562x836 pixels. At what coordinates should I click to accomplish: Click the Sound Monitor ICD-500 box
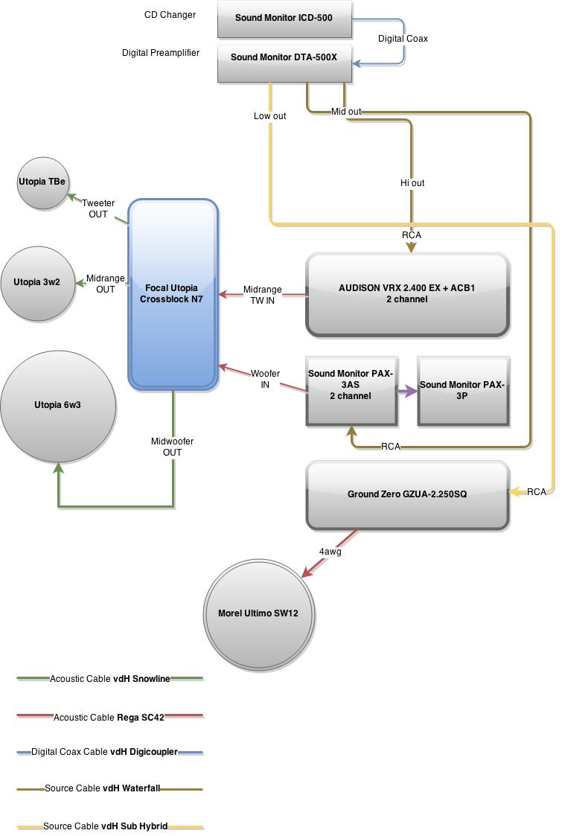pyautogui.click(x=284, y=19)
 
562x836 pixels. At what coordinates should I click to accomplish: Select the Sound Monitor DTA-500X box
pyautogui.click(x=284, y=63)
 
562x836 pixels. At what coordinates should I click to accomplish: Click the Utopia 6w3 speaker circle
pyautogui.click(x=58, y=406)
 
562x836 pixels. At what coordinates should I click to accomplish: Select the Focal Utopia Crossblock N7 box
pyautogui.click(x=173, y=294)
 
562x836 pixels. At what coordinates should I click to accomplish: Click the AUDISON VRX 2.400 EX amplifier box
pyautogui.click(x=407, y=294)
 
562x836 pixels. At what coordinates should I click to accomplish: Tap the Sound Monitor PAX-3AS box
pyautogui.click(x=351, y=392)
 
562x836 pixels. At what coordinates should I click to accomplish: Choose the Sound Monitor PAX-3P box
pyautogui.click(x=463, y=392)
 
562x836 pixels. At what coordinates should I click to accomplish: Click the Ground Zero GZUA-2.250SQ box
pyautogui.click(x=407, y=495)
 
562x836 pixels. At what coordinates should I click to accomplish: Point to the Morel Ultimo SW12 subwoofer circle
pyautogui.click(x=258, y=613)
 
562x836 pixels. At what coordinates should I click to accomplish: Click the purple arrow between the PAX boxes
pyautogui.click(x=407, y=391)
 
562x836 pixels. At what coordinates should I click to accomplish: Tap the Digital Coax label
pyautogui.click(x=403, y=39)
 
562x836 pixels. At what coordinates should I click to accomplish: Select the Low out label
pyautogui.click(x=269, y=116)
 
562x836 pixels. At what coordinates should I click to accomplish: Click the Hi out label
pyautogui.click(x=412, y=183)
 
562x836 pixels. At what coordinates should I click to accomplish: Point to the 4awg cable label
pyautogui.click(x=331, y=552)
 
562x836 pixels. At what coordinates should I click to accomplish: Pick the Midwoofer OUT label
pyautogui.click(x=172, y=447)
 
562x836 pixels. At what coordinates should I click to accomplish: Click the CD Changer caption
pyautogui.click(x=170, y=15)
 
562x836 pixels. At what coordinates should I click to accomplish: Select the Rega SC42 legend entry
pyautogui.click(x=109, y=718)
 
